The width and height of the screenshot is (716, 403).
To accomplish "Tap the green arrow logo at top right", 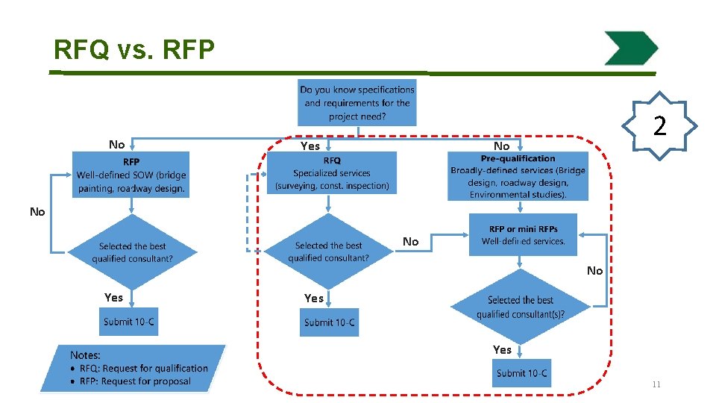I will tap(630, 49).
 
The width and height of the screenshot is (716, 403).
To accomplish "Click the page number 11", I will tap(656, 384).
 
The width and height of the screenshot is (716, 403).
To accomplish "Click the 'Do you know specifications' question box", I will tap(357, 102).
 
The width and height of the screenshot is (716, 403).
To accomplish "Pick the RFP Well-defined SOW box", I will tap(131, 175).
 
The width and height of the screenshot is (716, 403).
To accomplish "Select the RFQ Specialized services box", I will tap(332, 173).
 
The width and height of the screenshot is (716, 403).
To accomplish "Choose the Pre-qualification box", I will tap(518, 176).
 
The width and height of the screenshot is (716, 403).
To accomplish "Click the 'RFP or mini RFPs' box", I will tap(523, 235).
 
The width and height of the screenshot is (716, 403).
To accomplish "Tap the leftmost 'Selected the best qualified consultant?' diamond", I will tap(132, 252).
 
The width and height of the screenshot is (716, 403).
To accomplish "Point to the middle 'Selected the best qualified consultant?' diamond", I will tap(328, 252).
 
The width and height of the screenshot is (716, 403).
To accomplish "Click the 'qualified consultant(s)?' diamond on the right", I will tap(521, 307).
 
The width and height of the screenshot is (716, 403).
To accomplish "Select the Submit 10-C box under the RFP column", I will tap(129, 322).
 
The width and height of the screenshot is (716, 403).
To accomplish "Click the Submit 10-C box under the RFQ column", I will tap(329, 322).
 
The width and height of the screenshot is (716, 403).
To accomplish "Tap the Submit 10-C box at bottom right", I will tap(521, 373).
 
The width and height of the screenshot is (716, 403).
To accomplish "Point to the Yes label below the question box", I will tap(310, 146).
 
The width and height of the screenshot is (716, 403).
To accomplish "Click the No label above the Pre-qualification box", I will tap(502, 146).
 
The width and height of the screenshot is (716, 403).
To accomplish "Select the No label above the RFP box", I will tap(116, 145).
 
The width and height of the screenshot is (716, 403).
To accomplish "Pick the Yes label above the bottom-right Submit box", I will tap(502, 349).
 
